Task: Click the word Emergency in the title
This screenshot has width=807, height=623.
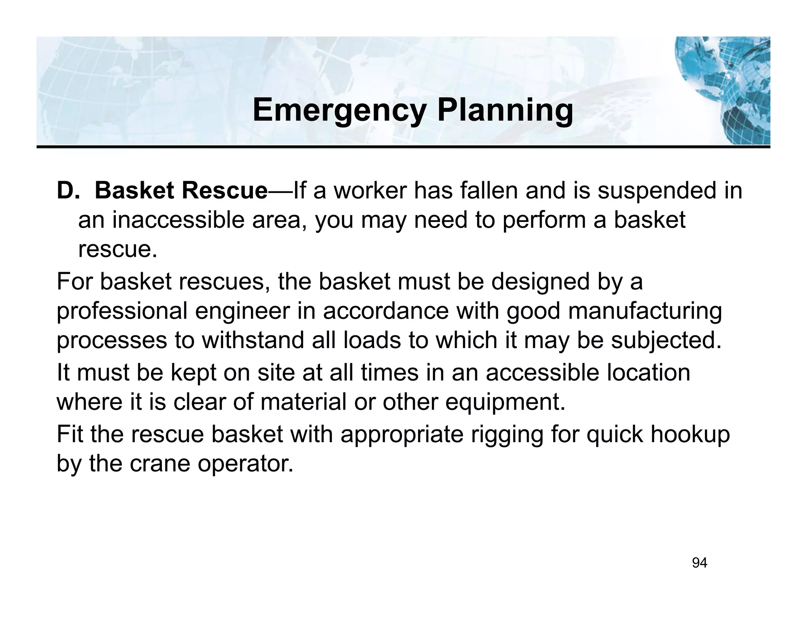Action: pyautogui.click(x=339, y=111)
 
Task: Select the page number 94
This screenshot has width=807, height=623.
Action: pyautogui.click(x=699, y=563)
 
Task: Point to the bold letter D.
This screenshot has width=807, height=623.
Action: pyautogui.click(x=65, y=191)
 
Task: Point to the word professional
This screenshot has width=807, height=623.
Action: pyautogui.click(x=122, y=311)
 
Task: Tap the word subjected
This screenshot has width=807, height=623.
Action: pyautogui.click(x=666, y=341)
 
